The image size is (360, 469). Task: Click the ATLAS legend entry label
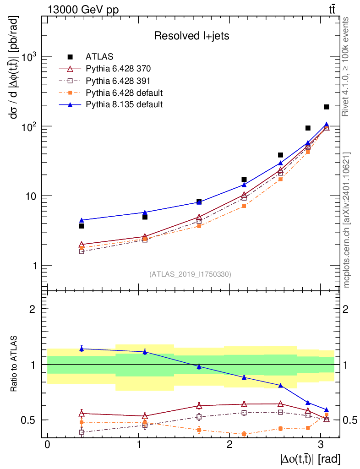click(99, 56)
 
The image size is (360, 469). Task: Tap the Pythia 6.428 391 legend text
click(118, 81)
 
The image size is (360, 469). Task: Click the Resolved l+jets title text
click(191, 36)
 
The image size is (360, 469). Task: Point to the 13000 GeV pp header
click(83, 10)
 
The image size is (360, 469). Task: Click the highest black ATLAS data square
click(326, 107)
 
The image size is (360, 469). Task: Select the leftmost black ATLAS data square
click(82, 226)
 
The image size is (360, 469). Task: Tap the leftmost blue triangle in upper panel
click(82, 220)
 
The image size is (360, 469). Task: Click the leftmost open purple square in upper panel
click(82, 251)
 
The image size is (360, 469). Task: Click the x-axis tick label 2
click(229, 444)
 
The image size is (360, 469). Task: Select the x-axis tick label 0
click(48, 444)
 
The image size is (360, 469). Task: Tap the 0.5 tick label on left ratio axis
click(27, 420)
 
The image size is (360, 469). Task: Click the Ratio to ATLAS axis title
click(14, 364)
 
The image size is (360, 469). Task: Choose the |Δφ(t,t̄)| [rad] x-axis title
click(310, 459)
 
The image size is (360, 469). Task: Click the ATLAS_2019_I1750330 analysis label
click(190, 274)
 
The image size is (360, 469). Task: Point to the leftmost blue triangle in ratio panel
click(82, 349)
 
